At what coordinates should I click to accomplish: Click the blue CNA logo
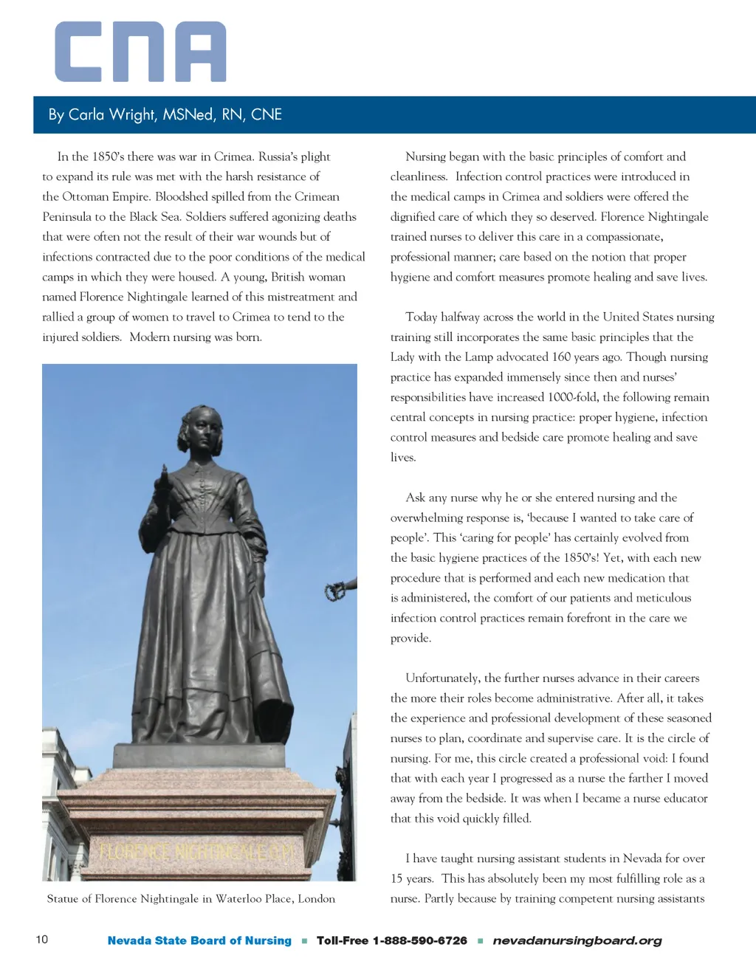pos(140,52)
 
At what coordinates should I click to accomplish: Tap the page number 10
pos(42,939)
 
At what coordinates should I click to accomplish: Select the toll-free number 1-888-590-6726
pos(419,940)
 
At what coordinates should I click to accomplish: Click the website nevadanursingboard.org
pos(577,940)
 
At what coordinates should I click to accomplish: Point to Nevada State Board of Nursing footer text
pos(199,940)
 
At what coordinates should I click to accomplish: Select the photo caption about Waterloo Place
pos(190,898)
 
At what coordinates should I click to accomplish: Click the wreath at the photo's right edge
pos(336,590)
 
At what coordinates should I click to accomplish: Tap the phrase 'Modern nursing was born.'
pos(196,337)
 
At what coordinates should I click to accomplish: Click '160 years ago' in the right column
pos(587,357)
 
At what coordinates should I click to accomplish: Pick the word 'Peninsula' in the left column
pos(66,216)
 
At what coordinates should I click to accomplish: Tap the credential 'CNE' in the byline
pos(267,114)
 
